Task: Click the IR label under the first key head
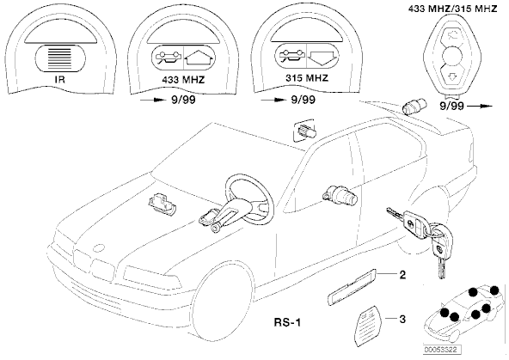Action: coord(60,80)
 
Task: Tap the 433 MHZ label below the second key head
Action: coord(183,80)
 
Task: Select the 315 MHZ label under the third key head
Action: coord(307,78)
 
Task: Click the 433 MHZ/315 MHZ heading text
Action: coord(452,9)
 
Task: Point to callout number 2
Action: coord(402,275)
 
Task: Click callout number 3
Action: coord(402,320)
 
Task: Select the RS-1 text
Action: coord(288,322)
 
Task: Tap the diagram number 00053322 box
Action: coord(443,351)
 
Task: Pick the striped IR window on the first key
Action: coord(60,58)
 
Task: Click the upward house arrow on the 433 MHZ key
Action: coord(199,59)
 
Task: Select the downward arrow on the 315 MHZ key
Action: coord(322,58)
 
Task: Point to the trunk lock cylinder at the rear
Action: coord(411,105)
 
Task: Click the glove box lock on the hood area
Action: coord(161,204)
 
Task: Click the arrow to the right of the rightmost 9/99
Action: coord(480,106)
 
